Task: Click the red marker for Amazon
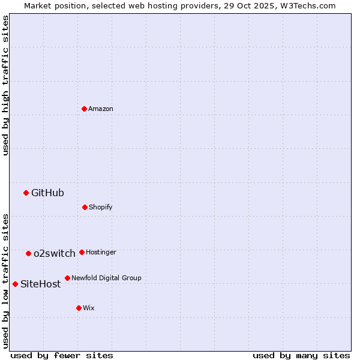[84, 109]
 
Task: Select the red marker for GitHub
[26, 193]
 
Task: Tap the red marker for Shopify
[85, 207]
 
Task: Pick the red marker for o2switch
[28, 253]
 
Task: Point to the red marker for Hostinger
[82, 252]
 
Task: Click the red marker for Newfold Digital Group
[67, 278]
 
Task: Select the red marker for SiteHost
[15, 284]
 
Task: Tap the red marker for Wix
[79, 308]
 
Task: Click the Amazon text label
[101, 109]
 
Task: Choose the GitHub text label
[47, 193]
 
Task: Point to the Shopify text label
[101, 207]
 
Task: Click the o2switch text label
[55, 253]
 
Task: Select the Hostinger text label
[101, 252]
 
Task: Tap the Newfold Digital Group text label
[106, 278]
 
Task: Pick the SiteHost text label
[41, 284]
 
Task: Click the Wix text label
[89, 308]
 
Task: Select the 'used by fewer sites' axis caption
[62, 355]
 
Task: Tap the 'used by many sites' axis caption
[301, 355]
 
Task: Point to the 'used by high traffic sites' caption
[5, 85]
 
